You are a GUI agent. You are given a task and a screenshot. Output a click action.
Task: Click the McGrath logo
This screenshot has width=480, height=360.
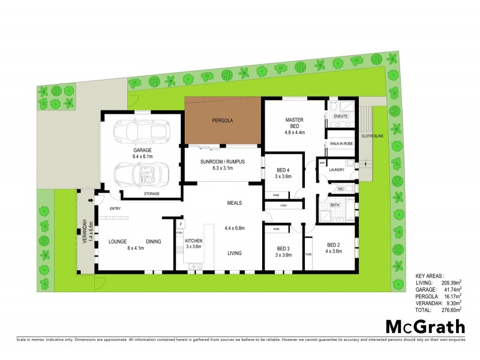(x=425, y=327)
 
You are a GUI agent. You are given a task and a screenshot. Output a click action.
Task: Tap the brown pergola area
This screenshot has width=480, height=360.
(x=223, y=121)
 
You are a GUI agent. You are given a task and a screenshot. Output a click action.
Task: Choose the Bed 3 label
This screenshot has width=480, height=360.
(x=283, y=251)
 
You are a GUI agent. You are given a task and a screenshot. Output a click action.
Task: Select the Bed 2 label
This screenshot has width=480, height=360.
(x=334, y=247)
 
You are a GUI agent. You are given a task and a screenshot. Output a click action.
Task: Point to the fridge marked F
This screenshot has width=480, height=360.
(x=179, y=224)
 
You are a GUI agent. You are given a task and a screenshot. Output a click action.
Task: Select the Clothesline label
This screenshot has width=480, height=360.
(x=373, y=136)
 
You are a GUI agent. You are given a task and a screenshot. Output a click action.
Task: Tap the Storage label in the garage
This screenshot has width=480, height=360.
(x=151, y=194)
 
